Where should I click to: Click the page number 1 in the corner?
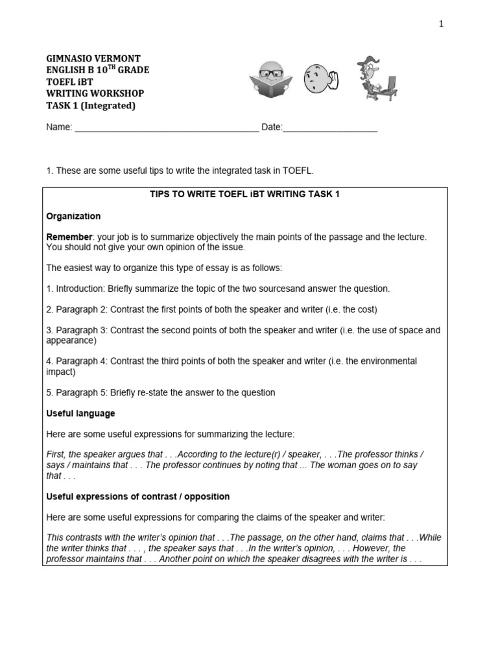click(441, 24)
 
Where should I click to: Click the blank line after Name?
click(167, 128)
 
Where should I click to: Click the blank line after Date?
click(330, 128)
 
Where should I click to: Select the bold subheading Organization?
click(73, 216)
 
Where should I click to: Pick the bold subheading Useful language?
click(80, 413)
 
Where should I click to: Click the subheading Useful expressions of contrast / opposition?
click(137, 496)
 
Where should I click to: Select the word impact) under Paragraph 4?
click(61, 372)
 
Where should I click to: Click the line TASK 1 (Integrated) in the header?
click(91, 106)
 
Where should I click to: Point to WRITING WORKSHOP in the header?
click(95, 93)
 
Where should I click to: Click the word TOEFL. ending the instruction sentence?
click(298, 171)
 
